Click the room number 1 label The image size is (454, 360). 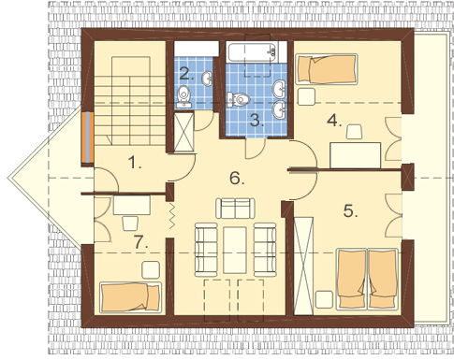click(x=135, y=163)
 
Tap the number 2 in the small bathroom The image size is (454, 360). click(x=186, y=74)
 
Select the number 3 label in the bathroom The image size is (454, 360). click(x=256, y=120)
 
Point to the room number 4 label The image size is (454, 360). click(x=334, y=121)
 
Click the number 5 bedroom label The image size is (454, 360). click(x=350, y=211)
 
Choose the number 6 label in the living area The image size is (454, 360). click(x=237, y=179)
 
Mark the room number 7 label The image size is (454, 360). click(x=140, y=241)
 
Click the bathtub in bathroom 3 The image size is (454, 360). click(x=253, y=52)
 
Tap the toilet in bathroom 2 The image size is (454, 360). click(x=183, y=96)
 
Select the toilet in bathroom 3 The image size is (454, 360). click(x=239, y=99)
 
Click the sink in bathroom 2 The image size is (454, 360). click(x=207, y=79)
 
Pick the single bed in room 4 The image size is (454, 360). click(x=327, y=69)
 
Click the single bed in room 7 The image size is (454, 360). click(x=130, y=297)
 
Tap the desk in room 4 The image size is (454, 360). click(x=356, y=155)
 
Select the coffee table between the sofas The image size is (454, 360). click(x=235, y=251)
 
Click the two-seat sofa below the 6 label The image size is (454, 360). click(x=235, y=209)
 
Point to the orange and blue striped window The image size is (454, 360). click(x=88, y=137)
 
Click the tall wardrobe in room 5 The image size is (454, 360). click(x=303, y=266)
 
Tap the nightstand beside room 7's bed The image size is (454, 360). click(x=151, y=270)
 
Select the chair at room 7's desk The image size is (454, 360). click(x=130, y=223)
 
